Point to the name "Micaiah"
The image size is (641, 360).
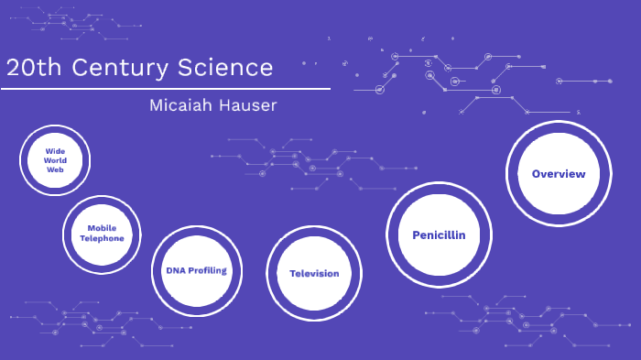click(x=181, y=105)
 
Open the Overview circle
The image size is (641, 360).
click(x=558, y=174)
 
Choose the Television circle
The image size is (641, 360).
click(x=314, y=273)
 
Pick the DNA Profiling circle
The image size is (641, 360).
click(x=196, y=270)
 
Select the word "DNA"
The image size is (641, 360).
click(x=175, y=270)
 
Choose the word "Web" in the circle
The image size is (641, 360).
click(x=55, y=170)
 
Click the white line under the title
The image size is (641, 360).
click(x=165, y=89)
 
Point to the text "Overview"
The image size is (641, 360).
click(x=558, y=174)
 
